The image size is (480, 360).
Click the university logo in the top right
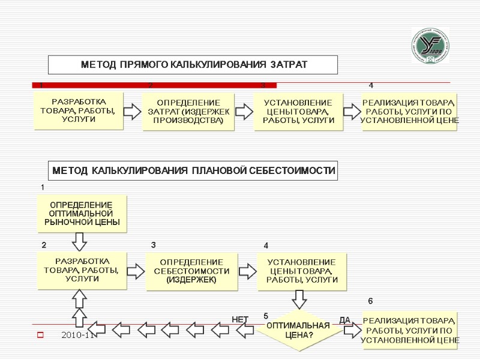tap(430, 46)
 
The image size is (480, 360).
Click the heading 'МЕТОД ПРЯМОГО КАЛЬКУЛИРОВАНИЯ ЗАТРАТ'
tap(193, 65)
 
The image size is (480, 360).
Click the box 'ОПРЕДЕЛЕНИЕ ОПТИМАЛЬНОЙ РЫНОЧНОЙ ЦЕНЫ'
tap(82, 214)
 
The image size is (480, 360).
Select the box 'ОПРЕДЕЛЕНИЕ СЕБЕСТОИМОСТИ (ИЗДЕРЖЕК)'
tap(191, 271)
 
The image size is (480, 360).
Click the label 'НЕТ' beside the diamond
tap(240, 319)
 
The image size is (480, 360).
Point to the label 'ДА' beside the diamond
tap(344, 320)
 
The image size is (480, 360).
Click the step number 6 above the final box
tap(370, 300)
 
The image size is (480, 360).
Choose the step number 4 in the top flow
tap(371, 86)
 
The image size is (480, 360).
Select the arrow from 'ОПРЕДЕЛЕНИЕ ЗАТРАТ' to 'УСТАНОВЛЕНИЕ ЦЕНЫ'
tap(243, 111)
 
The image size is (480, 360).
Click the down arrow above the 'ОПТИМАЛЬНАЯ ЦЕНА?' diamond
tap(299, 299)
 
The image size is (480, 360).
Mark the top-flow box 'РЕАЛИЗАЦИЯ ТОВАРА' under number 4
tap(410, 112)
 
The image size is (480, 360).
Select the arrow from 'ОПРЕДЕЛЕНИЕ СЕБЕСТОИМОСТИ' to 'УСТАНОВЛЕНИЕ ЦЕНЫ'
tap(247, 270)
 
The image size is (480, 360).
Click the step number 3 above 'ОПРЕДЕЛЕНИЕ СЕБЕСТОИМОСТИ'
tap(153, 245)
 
